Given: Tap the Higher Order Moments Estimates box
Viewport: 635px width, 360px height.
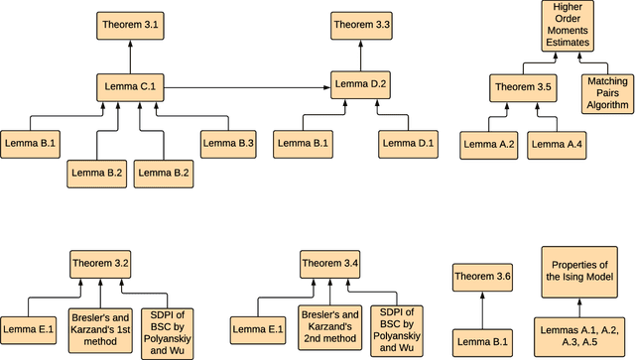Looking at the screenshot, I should click(565, 26).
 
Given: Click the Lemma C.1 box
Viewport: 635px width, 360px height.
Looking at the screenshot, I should click(128, 87).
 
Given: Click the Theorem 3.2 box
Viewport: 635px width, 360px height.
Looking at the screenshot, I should click(100, 264).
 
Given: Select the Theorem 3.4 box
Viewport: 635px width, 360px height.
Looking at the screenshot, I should click(331, 264).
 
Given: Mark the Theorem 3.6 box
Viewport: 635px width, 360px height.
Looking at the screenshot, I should click(482, 278).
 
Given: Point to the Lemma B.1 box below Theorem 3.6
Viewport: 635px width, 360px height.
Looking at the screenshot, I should click(482, 342).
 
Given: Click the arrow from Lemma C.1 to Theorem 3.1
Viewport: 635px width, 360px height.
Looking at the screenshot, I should click(128, 56).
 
